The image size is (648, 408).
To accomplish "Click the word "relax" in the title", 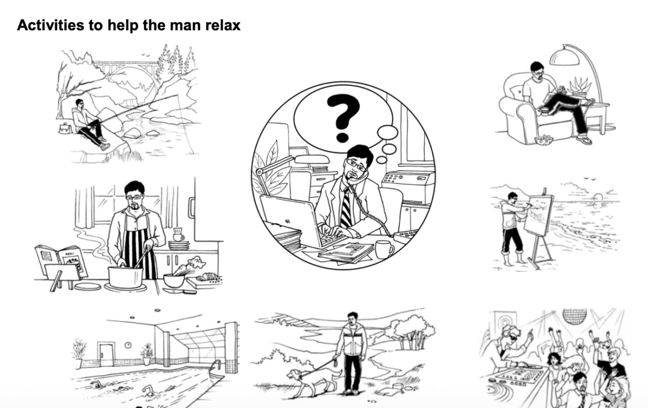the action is click(x=223, y=25).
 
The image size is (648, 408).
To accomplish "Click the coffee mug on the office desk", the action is click(x=385, y=249).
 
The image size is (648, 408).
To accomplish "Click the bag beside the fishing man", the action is click(x=65, y=128).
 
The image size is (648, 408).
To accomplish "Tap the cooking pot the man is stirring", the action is click(x=125, y=277).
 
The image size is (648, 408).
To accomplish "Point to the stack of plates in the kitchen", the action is click(x=179, y=246).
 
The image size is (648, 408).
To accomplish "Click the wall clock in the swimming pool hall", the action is click(x=128, y=345).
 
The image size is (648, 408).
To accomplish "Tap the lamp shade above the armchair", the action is click(x=564, y=57).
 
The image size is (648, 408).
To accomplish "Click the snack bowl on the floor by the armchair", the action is click(x=543, y=140).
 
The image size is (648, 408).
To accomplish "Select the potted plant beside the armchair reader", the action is click(x=580, y=87).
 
